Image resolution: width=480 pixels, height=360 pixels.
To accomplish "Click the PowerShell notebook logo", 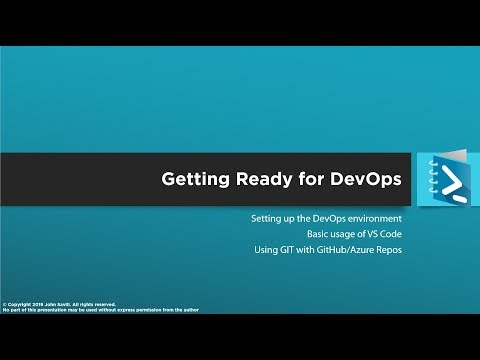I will pos(436,181).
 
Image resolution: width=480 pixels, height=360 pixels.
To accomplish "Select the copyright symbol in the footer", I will pos(5,304).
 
